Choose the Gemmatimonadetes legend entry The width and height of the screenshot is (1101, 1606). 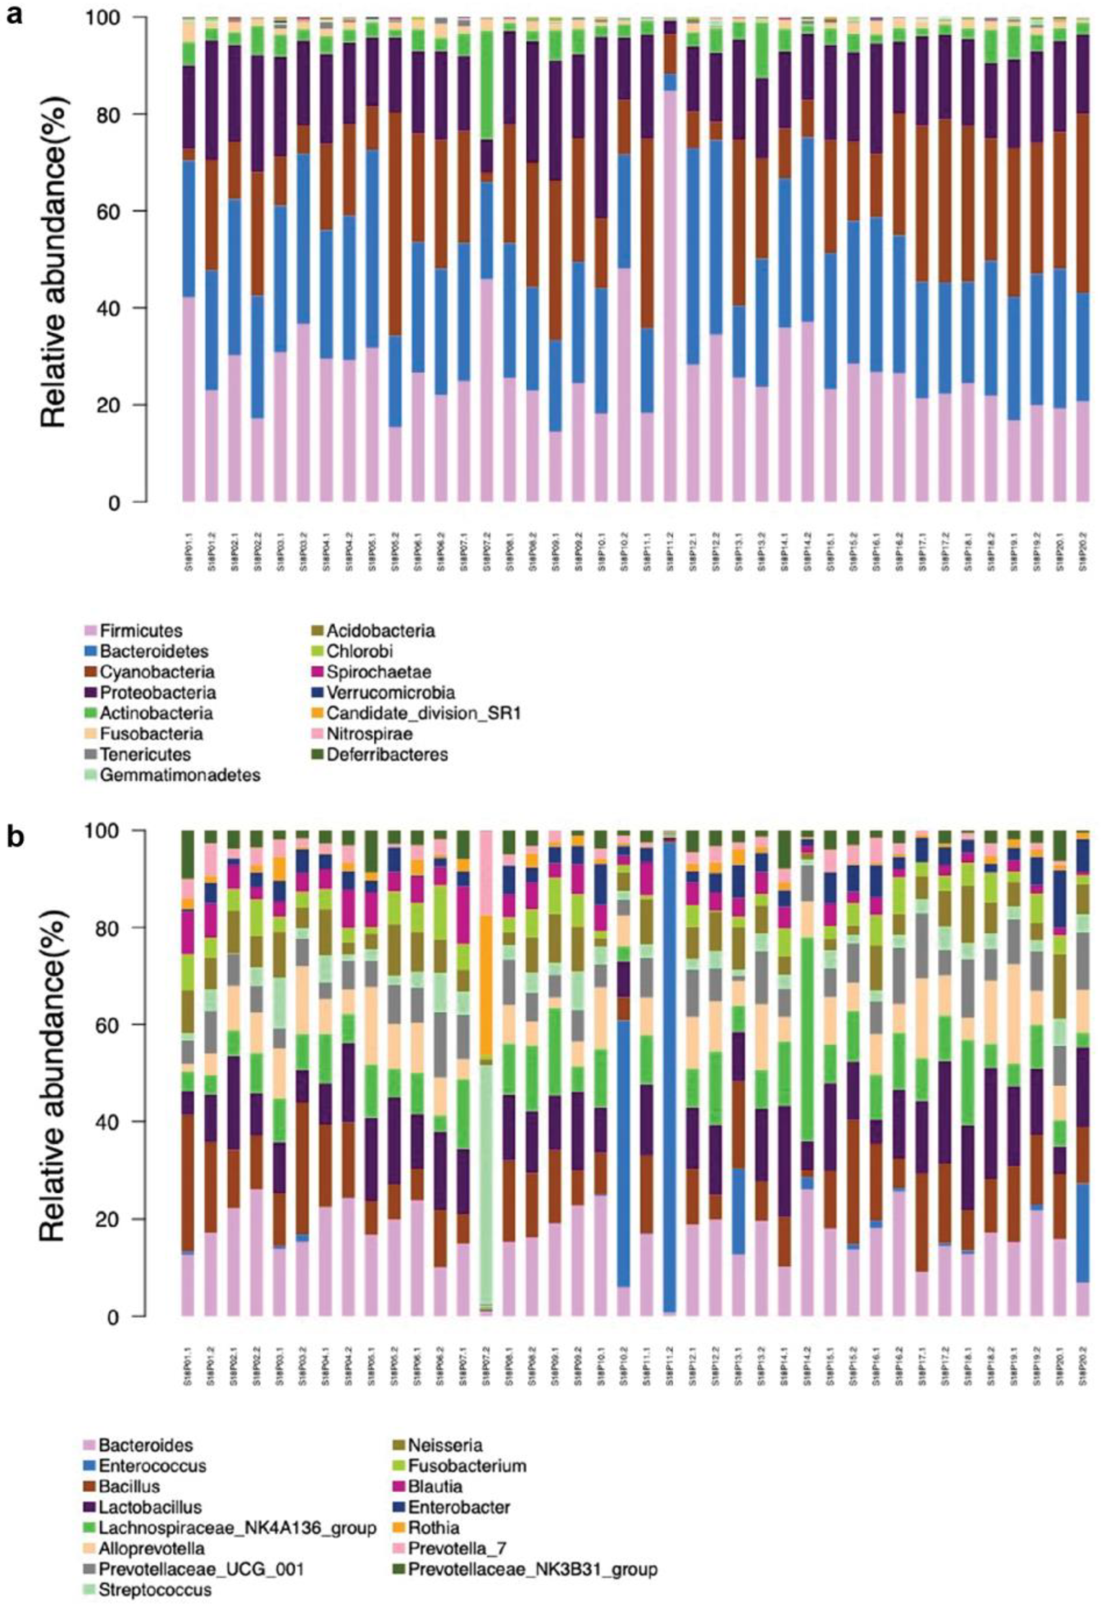(180, 775)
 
